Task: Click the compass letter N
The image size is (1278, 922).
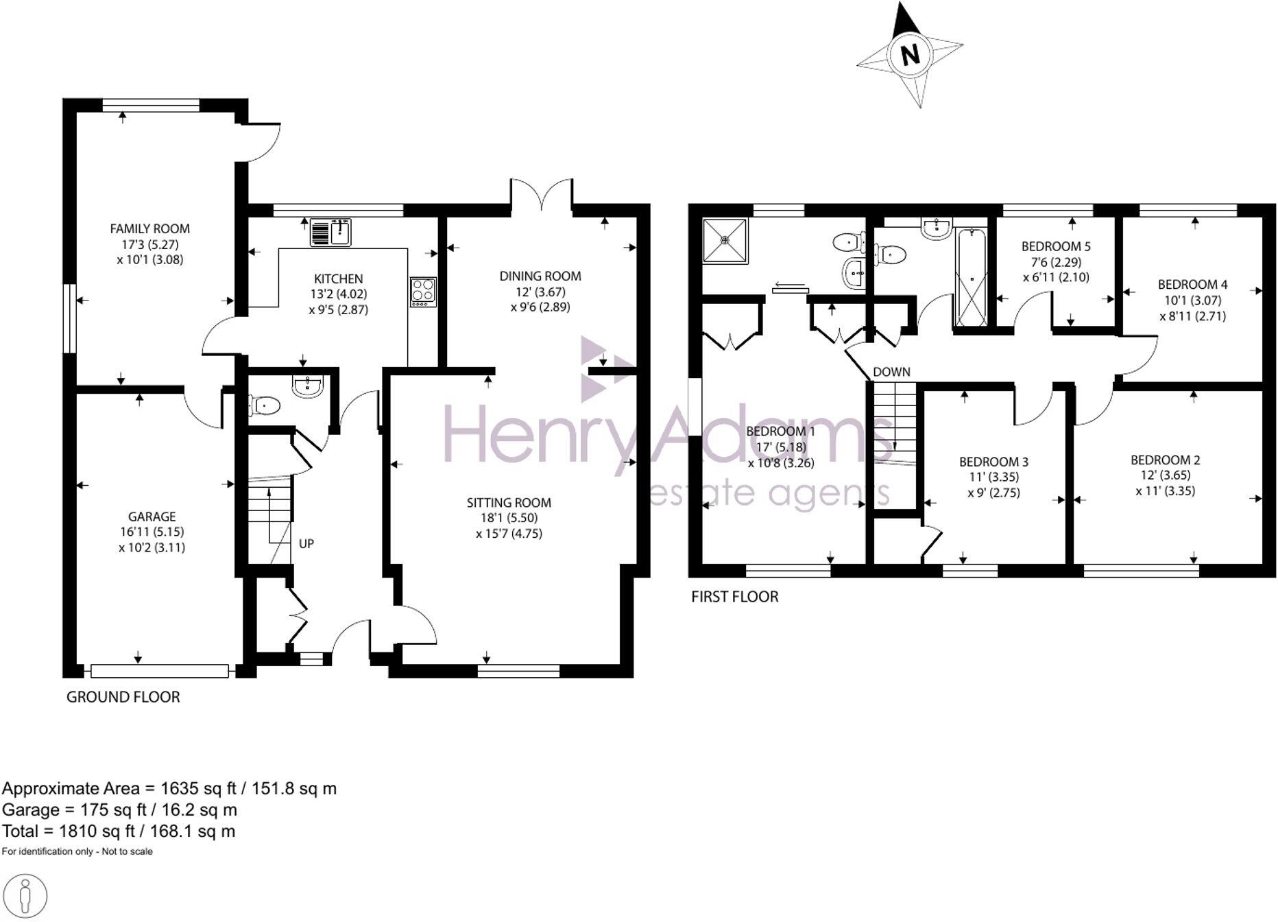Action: [910, 54]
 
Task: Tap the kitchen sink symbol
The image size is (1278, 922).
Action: [330, 233]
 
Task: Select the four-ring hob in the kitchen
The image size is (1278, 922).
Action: [423, 292]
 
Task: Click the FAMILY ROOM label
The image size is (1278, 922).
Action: [149, 228]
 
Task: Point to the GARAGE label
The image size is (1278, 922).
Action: [152, 517]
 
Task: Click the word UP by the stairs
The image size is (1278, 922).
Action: [306, 543]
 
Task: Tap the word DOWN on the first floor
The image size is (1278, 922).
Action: [891, 372]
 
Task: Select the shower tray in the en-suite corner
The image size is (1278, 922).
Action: [725, 240]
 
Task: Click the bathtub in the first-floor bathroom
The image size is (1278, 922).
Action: [971, 278]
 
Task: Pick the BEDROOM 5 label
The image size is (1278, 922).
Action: [1056, 246]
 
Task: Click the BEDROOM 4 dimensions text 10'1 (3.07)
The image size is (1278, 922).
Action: [1192, 300]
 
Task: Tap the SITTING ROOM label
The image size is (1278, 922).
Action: [509, 503]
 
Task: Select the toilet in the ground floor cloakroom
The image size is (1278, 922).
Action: [264, 405]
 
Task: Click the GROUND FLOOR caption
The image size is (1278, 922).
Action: [123, 697]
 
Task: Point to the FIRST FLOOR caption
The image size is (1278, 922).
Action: [734, 597]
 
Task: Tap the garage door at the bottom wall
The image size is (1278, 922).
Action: [159, 671]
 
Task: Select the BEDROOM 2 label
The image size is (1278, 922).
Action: [1165, 460]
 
